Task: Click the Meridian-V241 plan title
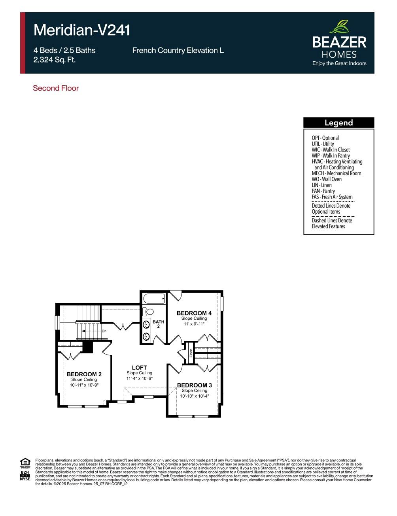82,30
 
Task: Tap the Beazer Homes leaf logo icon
339,27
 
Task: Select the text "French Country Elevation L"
178,51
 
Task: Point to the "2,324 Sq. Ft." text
55,60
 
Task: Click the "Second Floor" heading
56,88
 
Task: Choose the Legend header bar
338,123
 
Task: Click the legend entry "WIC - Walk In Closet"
331,150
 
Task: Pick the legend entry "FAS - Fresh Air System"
332,197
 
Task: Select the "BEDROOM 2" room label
84,374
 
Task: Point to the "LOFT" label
139,368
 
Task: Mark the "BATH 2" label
159,324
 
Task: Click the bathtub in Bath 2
154,299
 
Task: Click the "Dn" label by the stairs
104,331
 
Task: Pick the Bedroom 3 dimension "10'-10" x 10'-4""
194,396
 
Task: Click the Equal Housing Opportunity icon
25,462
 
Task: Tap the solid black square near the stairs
87,347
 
